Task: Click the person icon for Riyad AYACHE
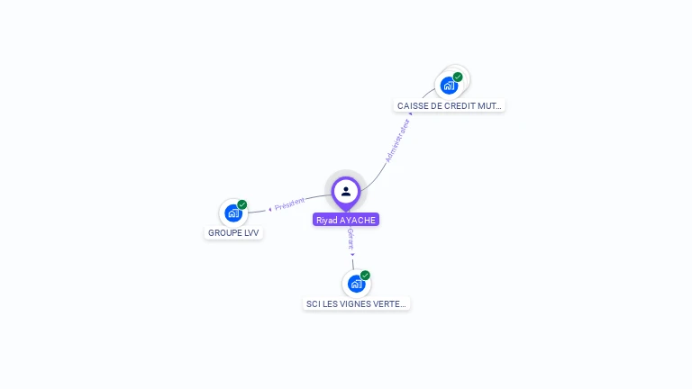[x=346, y=191]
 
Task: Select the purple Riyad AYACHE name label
[x=346, y=220]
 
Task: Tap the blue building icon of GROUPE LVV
[x=232, y=213]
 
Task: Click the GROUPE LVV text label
[x=233, y=232]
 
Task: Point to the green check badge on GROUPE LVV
[x=242, y=204]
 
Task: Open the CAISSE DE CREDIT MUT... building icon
[x=448, y=86]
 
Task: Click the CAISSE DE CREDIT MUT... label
[x=450, y=105]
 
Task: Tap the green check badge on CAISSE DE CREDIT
[x=458, y=77]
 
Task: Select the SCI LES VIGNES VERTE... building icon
[x=356, y=284]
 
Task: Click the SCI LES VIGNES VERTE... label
[x=357, y=304]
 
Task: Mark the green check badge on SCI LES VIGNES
[x=365, y=275]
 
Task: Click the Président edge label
[x=290, y=204]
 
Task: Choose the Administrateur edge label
[x=397, y=141]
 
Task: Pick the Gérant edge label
[x=351, y=239]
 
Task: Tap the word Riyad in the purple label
[x=326, y=220]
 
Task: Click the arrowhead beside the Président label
[x=270, y=209]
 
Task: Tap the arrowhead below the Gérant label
[x=352, y=254]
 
